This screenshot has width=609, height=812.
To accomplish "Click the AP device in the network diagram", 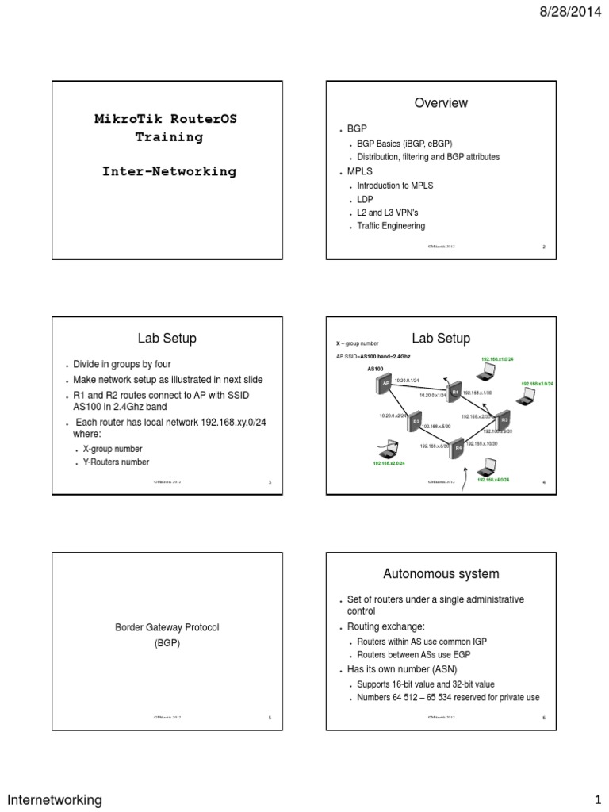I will tap(385, 384).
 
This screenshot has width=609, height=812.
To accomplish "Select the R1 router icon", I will tap(455, 392).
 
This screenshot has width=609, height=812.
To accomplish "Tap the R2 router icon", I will tap(416, 422).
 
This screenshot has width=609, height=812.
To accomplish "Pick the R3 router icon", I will tap(504, 419).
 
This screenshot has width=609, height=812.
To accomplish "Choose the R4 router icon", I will tap(458, 447).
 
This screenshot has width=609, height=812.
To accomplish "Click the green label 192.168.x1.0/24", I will tap(497, 359).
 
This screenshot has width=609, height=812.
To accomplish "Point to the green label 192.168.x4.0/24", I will tap(492, 480).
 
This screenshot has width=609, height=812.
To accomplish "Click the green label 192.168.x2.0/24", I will tap(389, 463).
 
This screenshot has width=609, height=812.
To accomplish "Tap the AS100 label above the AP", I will tap(375, 369).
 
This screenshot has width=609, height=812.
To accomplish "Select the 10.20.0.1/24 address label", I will tap(407, 381).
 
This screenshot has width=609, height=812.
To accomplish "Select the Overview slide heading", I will tap(441, 103).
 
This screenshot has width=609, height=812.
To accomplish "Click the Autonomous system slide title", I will tap(441, 573).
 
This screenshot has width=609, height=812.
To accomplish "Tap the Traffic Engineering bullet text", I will tap(391, 226).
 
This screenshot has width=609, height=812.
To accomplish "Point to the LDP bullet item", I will tap(365, 199).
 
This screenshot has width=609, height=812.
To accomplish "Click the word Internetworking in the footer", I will tap(55, 799).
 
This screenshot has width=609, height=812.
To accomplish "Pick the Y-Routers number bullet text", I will tap(116, 462).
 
